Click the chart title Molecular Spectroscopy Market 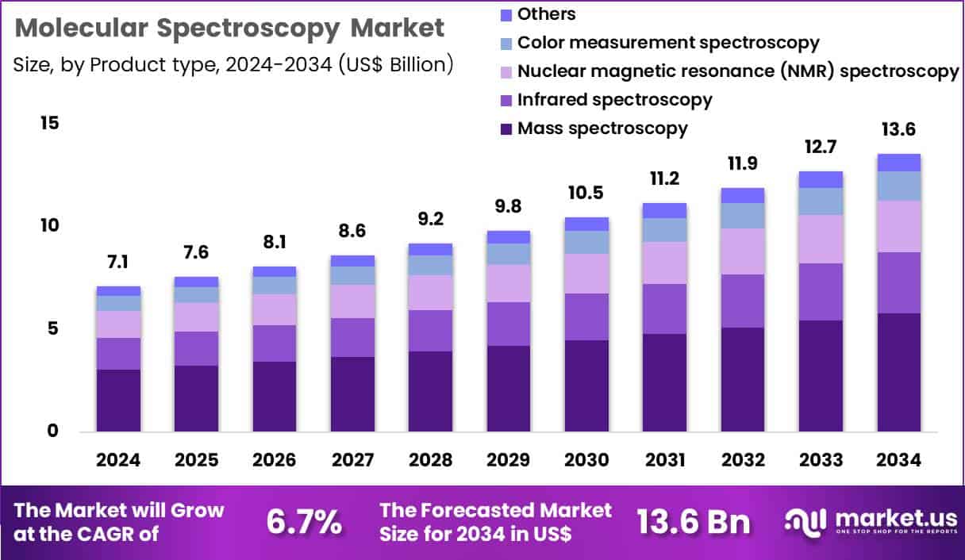coord(229,28)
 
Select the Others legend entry coord(546,13)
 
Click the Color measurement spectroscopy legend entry coord(667,42)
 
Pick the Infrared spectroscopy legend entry coord(614,99)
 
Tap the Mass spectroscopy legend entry coord(602,128)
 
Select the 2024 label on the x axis coord(118,460)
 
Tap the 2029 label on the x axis coord(508,460)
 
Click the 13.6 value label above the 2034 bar coord(898,128)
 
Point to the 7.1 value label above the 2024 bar coord(118,262)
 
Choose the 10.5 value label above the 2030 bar coord(586,193)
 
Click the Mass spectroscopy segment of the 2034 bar coord(898,372)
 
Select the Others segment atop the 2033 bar coord(821,179)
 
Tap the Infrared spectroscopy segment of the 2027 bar coord(352,337)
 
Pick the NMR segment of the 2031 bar coord(664,263)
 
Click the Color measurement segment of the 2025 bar coord(196,294)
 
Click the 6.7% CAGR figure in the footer coord(304,523)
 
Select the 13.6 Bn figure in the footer coord(693,523)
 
